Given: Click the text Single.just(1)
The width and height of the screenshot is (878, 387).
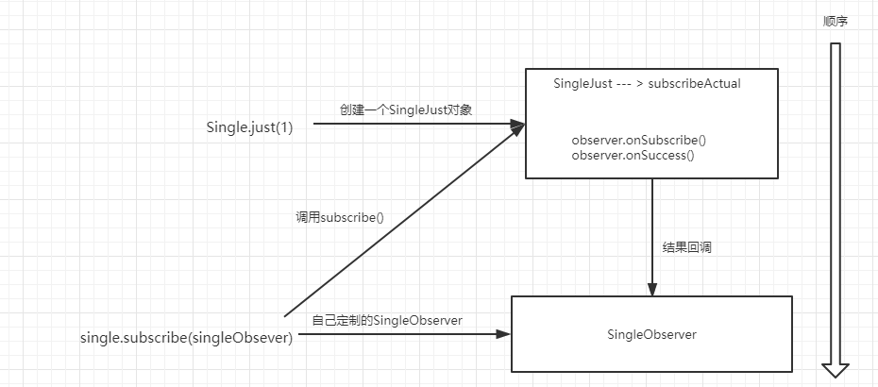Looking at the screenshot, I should coord(249,127).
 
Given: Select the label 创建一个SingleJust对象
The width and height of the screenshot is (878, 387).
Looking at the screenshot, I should coord(406,109).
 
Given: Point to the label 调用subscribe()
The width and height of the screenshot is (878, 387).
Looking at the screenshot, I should coord(340,216).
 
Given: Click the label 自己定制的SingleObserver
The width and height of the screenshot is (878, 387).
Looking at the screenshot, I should coord(387,320).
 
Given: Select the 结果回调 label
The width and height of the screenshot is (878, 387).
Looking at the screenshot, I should coord(686,247).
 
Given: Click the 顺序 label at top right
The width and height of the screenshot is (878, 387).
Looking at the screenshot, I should coord(835,21).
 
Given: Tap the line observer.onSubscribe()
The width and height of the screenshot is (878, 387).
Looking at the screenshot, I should coord(639,141).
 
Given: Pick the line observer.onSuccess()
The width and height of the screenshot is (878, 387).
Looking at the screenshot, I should coord(633,155).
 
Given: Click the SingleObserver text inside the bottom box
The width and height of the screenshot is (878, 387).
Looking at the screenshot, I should coord(652,333).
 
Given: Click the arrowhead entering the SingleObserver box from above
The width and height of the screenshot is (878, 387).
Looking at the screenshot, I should coord(651,289).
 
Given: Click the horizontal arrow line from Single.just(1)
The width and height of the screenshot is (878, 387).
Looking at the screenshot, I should coord(406,124).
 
